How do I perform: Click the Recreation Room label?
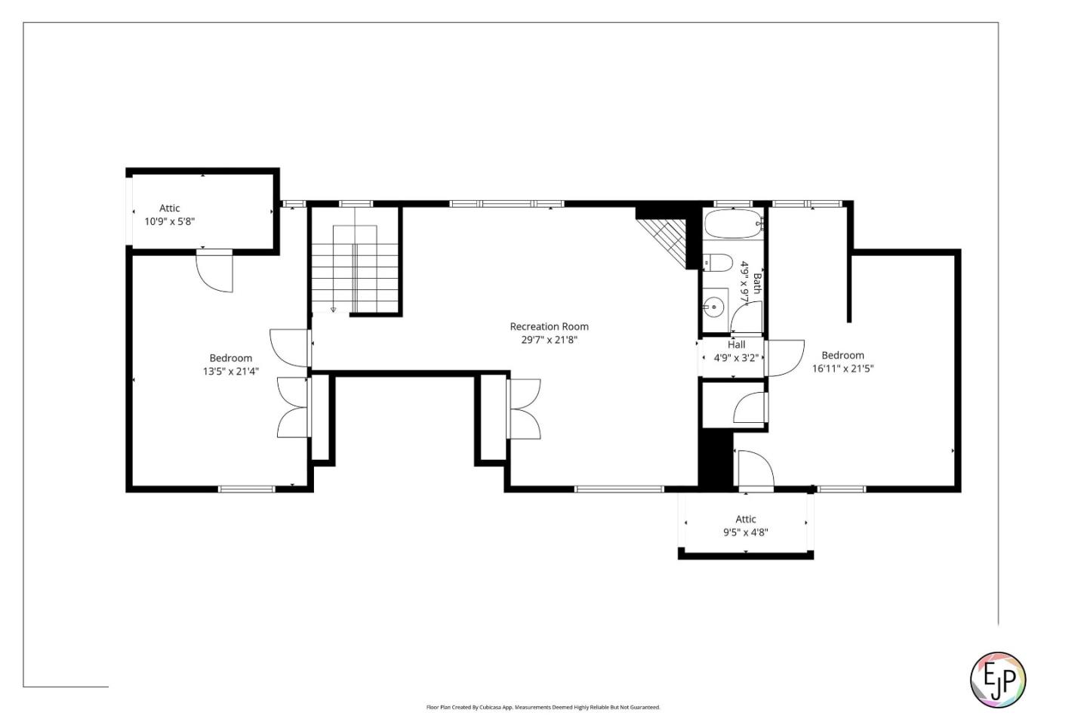point(549,326)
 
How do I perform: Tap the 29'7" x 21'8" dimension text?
point(549,340)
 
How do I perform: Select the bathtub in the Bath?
point(732,224)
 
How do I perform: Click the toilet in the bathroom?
point(718,263)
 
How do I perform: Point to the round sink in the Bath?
point(713,307)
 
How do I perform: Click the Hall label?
point(736,344)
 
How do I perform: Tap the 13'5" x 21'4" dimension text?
point(230,372)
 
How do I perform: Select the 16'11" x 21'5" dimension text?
point(842,369)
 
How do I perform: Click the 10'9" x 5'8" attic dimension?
point(170,222)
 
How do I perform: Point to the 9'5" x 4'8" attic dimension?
point(745,532)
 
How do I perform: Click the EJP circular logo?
point(997,680)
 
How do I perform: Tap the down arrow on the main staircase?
point(333,309)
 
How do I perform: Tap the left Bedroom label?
point(230,358)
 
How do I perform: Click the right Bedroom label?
point(842,355)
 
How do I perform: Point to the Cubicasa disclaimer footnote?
point(543,708)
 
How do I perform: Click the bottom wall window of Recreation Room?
point(619,489)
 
